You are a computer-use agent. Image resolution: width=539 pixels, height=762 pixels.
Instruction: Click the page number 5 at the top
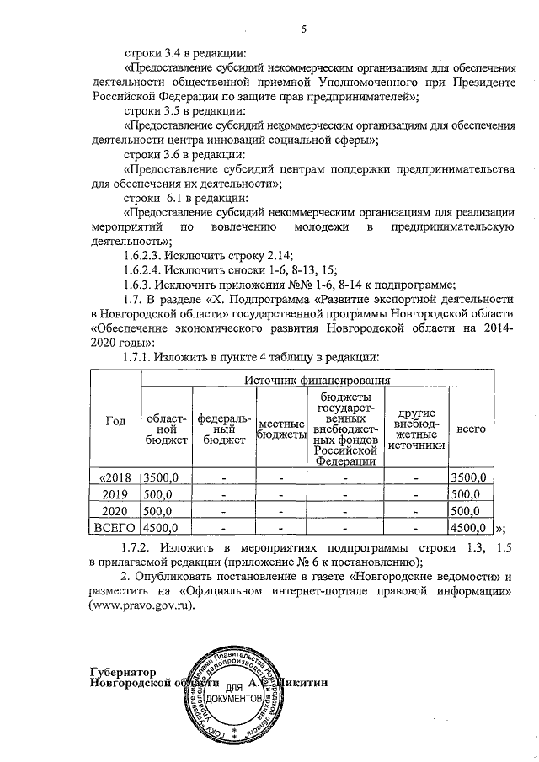click(305, 30)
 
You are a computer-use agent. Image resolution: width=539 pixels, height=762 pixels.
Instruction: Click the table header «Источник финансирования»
click(317, 381)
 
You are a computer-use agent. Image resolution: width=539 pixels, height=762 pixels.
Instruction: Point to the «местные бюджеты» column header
click(280, 428)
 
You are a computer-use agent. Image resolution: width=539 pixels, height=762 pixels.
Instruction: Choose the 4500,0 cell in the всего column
click(468, 528)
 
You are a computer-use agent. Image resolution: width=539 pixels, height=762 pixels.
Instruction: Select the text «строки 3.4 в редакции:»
click(185, 52)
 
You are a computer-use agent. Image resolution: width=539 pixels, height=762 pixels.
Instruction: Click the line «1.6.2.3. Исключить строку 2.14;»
click(207, 256)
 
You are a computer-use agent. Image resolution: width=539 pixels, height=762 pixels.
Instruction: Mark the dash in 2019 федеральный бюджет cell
click(223, 494)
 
